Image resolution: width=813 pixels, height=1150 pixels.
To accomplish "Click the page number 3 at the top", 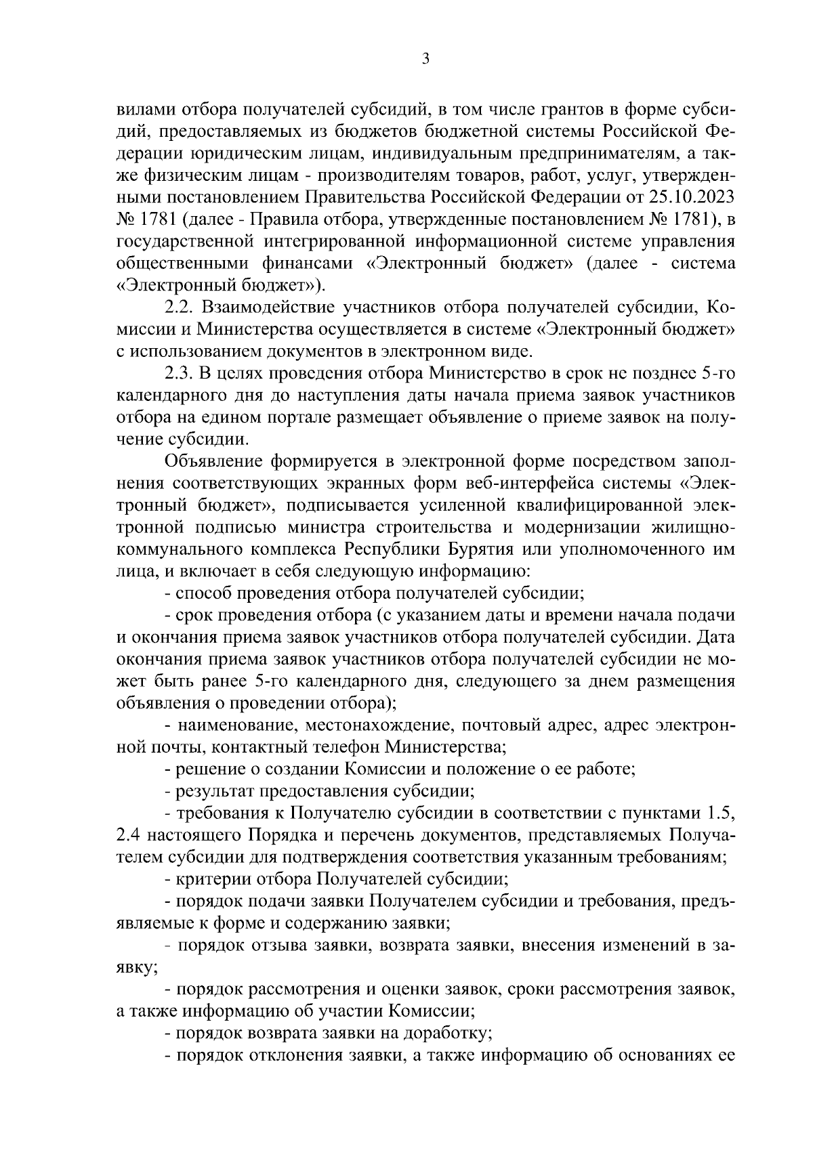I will [x=425, y=60].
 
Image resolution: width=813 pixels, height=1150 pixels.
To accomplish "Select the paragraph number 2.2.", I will [x=180, y=308].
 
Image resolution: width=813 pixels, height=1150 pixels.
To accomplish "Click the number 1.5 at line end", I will [x=720, y=813].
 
